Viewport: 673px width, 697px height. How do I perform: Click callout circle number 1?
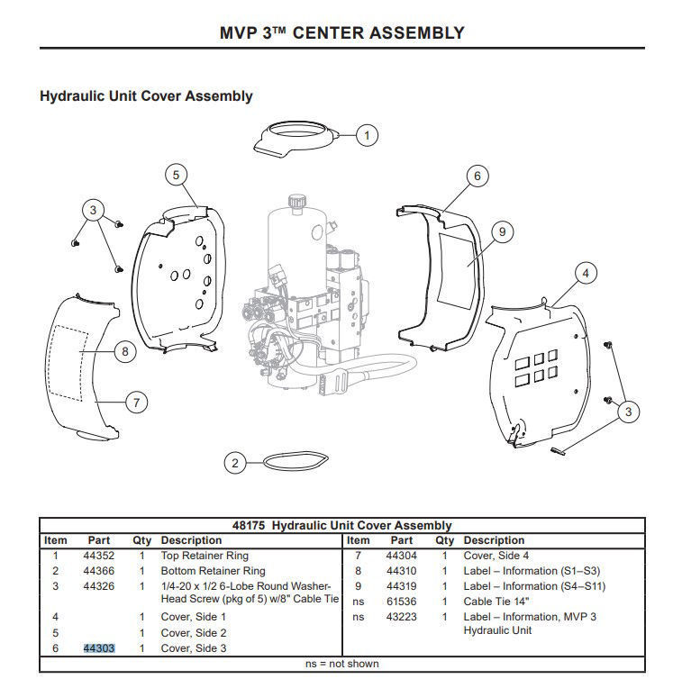click(366, 136)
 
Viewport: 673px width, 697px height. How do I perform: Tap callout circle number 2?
click(235, 463)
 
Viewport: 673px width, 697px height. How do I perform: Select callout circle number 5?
click(177, 175)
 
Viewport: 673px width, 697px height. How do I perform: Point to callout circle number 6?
click(477, 176)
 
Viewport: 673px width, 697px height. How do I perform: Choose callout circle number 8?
click(126, 352)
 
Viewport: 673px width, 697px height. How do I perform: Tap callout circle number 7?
click(135, 402)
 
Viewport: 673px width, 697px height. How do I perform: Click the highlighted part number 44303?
click(99, 648)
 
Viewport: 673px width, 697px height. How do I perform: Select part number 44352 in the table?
click(99, 556)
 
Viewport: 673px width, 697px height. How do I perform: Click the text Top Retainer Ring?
click(205, 556)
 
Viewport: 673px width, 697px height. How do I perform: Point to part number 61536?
click(401, 602)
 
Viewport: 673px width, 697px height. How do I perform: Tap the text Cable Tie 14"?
click(497, 602)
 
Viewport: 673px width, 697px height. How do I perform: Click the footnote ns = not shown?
click(342, 664)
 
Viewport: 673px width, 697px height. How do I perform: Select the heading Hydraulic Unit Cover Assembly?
click(146, 95)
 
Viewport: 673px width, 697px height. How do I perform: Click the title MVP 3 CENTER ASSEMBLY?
click(342, 33)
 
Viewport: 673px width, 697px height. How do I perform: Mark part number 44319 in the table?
click(401, 586)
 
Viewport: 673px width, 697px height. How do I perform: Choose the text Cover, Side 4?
click(497, 556)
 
